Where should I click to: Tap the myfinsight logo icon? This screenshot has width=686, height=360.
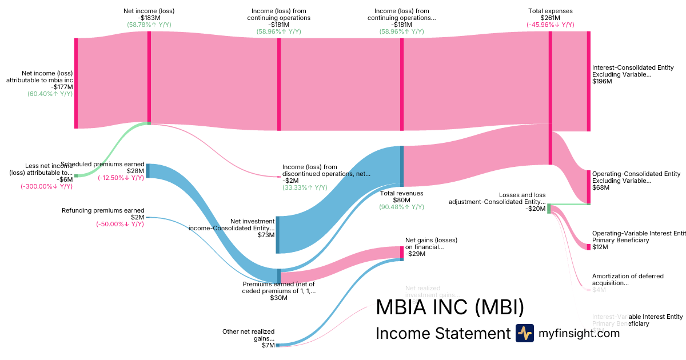pyautogui.click(x=524, y=333)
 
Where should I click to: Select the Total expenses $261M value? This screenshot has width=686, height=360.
pyautogui.click(x=550, y=18)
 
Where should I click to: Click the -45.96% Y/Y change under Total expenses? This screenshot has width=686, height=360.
pyautogui.click(x=550, y=25)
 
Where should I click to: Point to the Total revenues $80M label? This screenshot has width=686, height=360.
pyautogui.click(x=401, y=197)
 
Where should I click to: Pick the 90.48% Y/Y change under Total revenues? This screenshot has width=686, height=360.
pyautogui.click(x=401, y=207)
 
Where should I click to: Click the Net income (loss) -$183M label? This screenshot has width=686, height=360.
pyautogui.click(x=149, y=14)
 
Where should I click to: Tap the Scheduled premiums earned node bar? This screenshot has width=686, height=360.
pyautogui.click(x=148, y=171)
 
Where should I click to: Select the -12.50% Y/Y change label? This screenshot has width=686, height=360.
pyautogui.click(x=121, y=178)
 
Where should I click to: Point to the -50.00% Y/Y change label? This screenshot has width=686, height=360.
pyautogui.click(x=120, y=224)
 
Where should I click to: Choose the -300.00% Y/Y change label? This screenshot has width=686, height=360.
pyautogui.click(x=47, y=186)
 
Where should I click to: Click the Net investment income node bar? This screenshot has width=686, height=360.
pyautogui.click(x=278, y=234)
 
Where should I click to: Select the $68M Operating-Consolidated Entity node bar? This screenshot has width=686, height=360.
pyautogui.click(x=589, y=186)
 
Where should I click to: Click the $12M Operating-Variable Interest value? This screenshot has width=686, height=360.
pyautogui.click(x=600, y=247)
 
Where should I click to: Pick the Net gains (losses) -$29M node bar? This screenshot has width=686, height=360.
pyautogui.click(x=401, y=252)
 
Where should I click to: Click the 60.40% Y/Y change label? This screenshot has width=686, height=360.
pyautogui.click(x=50, y=94)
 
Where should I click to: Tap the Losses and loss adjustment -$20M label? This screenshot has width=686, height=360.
pyautogui.click(x=497, y=202)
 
